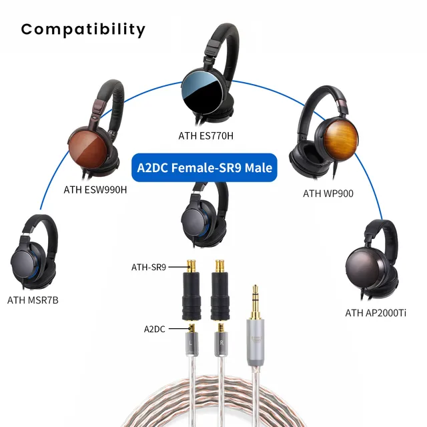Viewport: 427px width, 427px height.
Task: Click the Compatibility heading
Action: click(83, 29)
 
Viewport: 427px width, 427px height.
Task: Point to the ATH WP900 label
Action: click(328, 193)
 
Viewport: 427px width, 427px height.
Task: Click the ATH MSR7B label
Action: click(33, 300)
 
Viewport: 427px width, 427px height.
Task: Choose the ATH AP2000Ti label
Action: click(376, 313)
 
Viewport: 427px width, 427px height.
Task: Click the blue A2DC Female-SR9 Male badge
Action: click(204, 167)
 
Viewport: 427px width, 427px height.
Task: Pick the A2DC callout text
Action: click(157, 328)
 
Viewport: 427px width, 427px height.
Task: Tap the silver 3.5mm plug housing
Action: click(254, 341)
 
